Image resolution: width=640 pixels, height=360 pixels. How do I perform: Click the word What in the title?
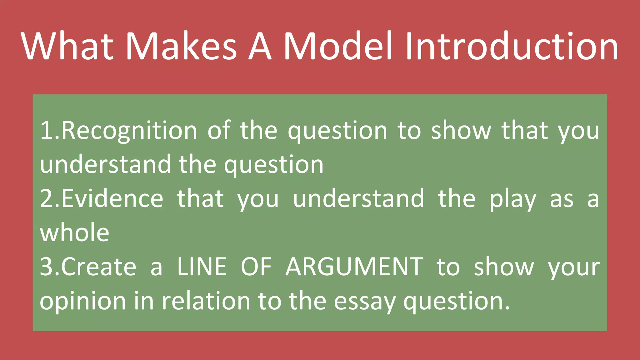67,46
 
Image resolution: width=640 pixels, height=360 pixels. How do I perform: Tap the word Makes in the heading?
181,46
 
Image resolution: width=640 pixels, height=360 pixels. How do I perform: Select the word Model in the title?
337,46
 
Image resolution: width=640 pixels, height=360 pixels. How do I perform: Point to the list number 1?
47,131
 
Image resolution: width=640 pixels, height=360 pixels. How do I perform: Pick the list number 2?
47,199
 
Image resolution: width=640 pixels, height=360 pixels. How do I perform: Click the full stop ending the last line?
507,308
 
